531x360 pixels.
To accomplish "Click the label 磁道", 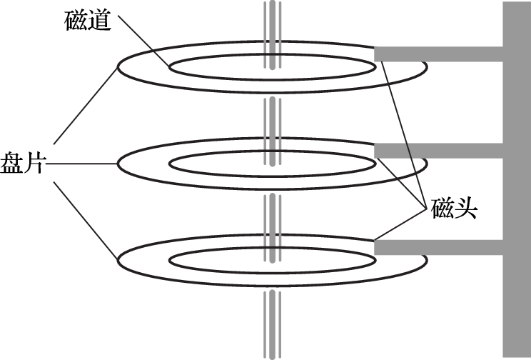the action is coord(88,21).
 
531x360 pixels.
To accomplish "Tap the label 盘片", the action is coord(22,164).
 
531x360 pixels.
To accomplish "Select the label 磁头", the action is coord(454,208).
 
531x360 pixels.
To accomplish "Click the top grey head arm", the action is coord(438,54).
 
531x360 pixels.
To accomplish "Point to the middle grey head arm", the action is coord(438,151).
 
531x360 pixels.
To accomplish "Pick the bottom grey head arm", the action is coord(438,247).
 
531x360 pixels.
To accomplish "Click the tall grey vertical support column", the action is coord(517,179).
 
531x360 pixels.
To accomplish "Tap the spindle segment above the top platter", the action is coord(272,34).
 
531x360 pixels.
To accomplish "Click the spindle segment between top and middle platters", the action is coord(272,131).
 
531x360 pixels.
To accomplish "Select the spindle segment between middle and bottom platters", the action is coord(272,228).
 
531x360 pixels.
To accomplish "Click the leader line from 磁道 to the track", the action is coord(143,41).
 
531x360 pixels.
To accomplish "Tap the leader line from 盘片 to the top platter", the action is coord(86,106).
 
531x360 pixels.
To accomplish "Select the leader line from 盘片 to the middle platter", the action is coord(81,164).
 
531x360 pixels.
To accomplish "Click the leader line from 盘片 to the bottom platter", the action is coord(86,221).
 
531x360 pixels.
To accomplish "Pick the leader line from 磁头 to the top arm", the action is coord(403,134).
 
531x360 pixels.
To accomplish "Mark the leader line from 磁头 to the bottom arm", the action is coord(400,224).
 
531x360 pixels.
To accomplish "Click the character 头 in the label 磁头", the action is coord(466,208).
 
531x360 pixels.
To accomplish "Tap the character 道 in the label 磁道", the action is coord(100,21).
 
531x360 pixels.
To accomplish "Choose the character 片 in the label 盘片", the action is coord(33,164).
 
